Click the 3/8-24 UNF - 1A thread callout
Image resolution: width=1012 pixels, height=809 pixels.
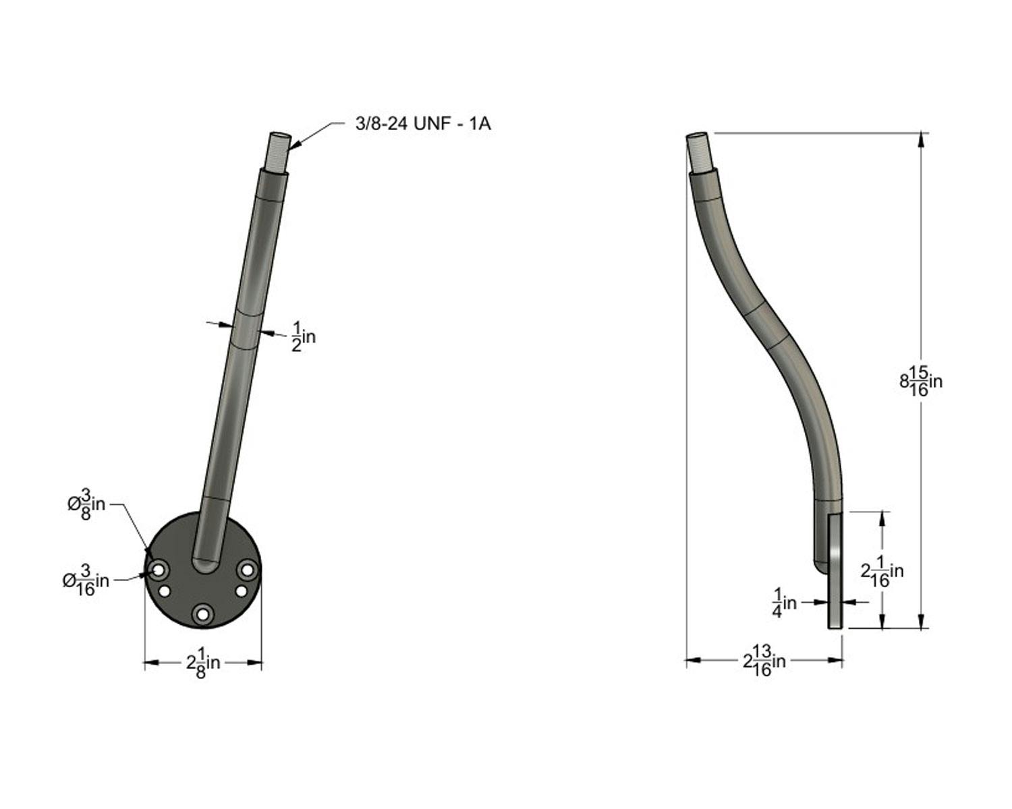423,123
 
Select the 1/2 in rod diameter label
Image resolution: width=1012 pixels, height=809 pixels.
304,336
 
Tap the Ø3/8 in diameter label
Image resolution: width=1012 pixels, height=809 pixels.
86,504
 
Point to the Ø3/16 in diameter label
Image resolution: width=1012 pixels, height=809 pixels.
86,580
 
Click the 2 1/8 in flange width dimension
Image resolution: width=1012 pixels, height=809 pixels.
203,663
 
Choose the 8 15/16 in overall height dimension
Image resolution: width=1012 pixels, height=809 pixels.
921,381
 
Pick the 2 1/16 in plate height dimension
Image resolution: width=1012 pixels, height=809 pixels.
882,571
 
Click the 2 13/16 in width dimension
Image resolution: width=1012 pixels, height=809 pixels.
764,661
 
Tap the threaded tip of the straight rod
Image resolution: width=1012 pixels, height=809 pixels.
279,153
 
